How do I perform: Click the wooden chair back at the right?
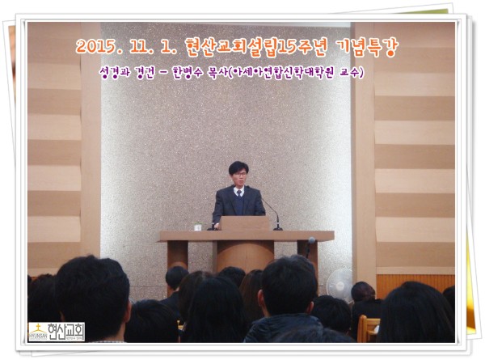pos(369,327)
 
